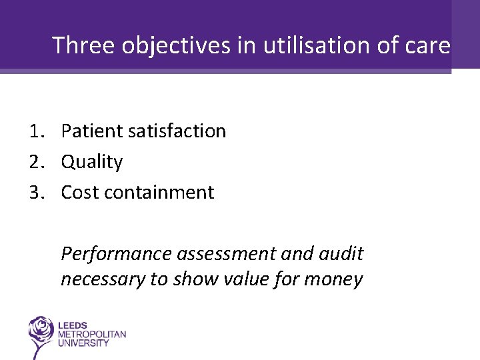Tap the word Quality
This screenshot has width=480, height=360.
(x=92, y=162)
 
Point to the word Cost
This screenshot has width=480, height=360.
(x=80, y=193)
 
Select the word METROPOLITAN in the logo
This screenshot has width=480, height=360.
(x=91, y=334)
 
